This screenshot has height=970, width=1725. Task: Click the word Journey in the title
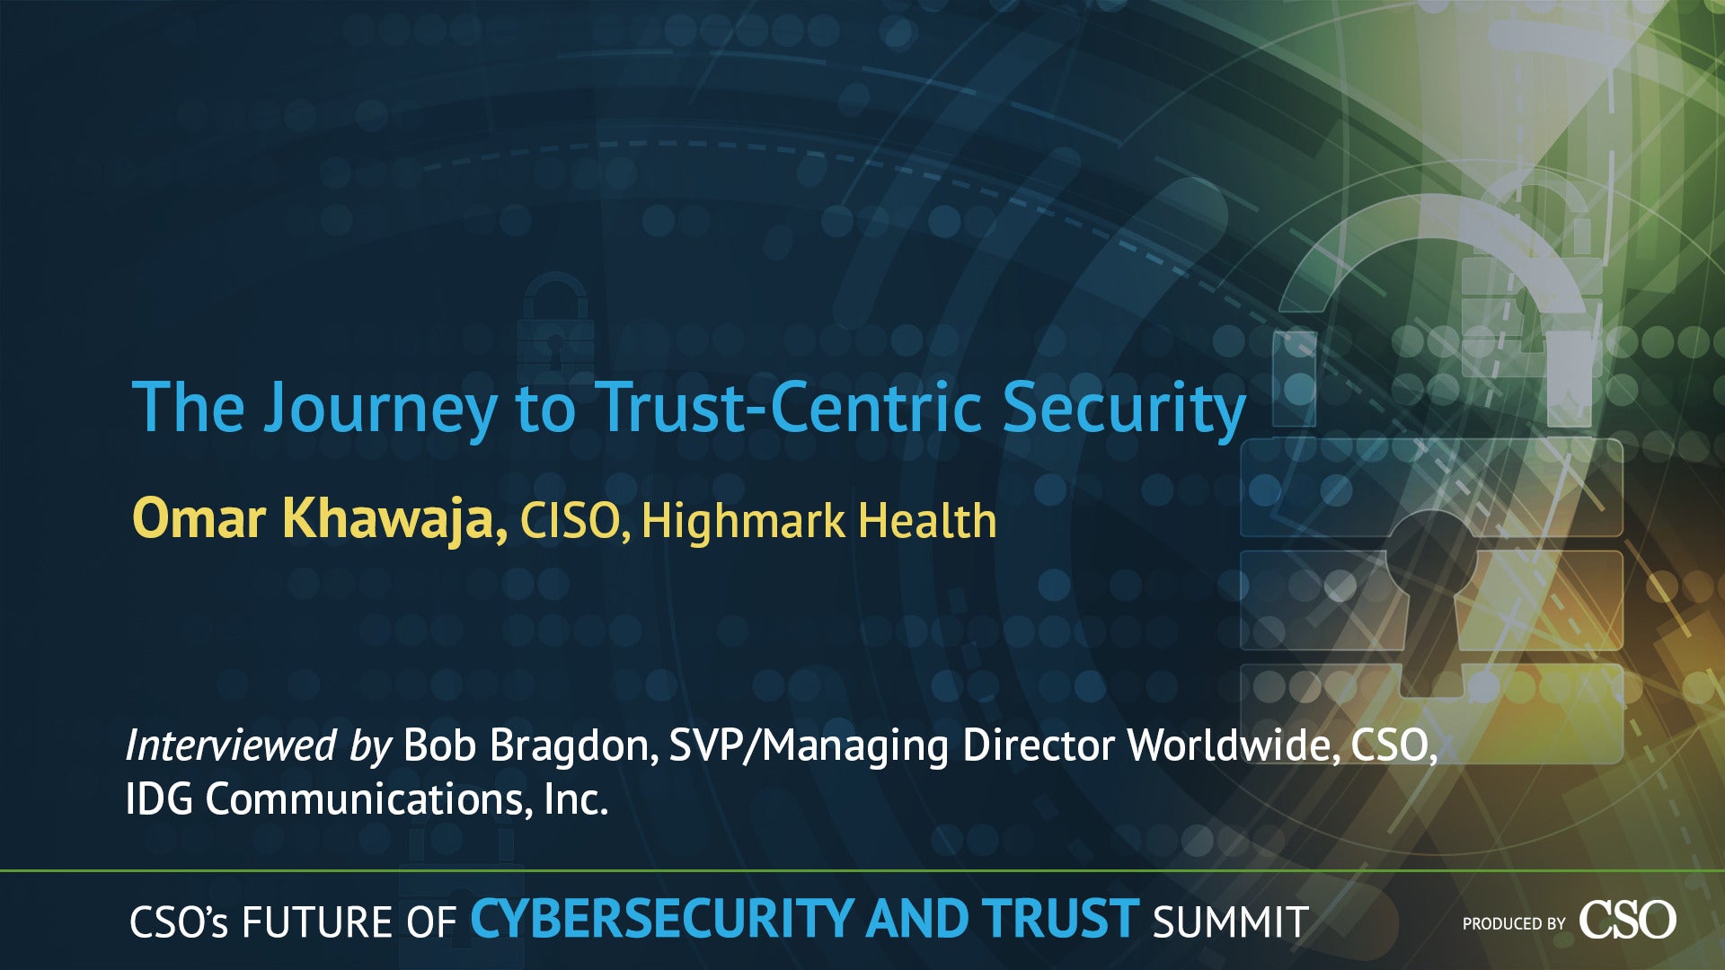(x=379, y=409)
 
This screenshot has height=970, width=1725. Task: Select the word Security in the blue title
(x=1123, y=410)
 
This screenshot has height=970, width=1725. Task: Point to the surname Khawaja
(x=395, y=520)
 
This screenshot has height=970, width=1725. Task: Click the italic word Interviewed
(x=231, y=745)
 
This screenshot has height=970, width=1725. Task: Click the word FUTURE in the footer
(x=317, y=922)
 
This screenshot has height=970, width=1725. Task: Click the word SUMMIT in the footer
(x=1230, y=922)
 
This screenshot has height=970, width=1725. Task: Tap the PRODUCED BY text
(x=1514, y=923)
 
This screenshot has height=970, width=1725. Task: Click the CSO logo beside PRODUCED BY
(x=1627, y=920)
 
